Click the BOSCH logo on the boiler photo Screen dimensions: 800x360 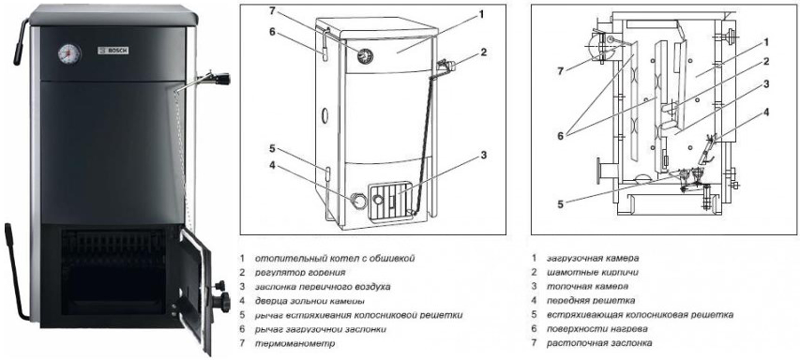pyautogui.click(x=113, y=51)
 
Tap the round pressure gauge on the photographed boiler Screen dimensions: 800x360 pyautogui.click(x=68, y=53)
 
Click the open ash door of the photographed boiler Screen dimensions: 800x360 pyautogui.click(x=196, y=290)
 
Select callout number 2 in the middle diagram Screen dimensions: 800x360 pyautogui.click(x=483, y=52)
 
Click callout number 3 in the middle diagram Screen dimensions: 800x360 pyautogui.click(x=484, y=155)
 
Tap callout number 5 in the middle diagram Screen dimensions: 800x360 pyautogui.click(x=272, y=149)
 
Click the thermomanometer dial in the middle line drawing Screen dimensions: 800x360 pyautogui.click(x=364, y=55)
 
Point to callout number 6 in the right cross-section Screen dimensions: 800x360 pyautogui.click(x=561, y=136)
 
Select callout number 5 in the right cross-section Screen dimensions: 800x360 pyautogui.click(x=560, y=205)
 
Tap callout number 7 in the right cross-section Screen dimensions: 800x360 pyautogui.click(x=561, y=71)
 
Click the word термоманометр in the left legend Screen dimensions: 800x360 pyautogui.click(x=294, y=343)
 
